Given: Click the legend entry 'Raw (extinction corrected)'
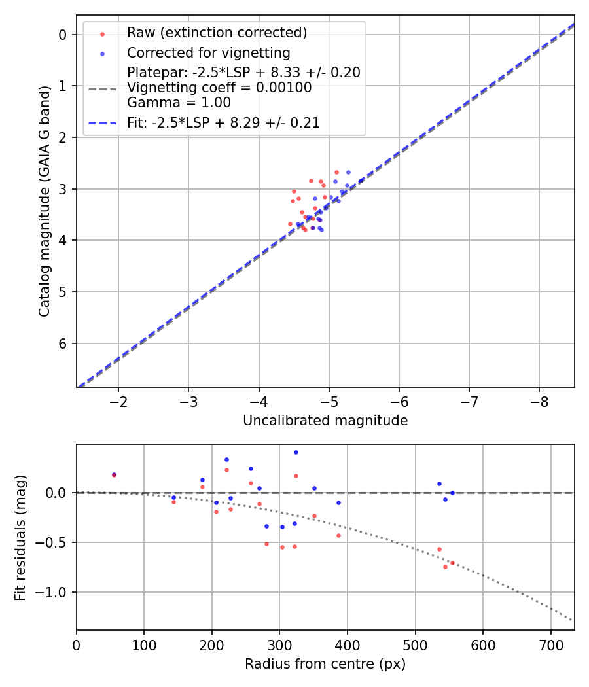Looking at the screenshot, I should (x=217, y=33).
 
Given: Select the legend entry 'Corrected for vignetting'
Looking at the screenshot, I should (x=208, y=52).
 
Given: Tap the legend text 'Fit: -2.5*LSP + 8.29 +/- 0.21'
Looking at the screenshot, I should (x=223, y=122).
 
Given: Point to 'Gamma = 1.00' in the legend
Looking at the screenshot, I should (x=179, y=102).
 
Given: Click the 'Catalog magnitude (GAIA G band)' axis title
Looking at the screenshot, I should (x=44, y=201).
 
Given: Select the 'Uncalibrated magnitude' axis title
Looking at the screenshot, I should (x=325, y=421).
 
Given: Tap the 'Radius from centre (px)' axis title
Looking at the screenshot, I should (x=325, y=664).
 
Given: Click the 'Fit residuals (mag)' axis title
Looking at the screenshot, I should (x=20, y=537).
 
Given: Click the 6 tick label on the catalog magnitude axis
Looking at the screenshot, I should (x=63, y=343).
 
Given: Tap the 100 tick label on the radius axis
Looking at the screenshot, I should (x=144, y=643).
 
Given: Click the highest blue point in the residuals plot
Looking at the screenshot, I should (x=296, y=452).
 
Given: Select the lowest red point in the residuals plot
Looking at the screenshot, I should (x=445, y=567).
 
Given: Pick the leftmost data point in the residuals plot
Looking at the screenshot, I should (x=114, y=475).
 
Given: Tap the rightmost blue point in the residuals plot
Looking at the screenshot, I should (x=452, y=493).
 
